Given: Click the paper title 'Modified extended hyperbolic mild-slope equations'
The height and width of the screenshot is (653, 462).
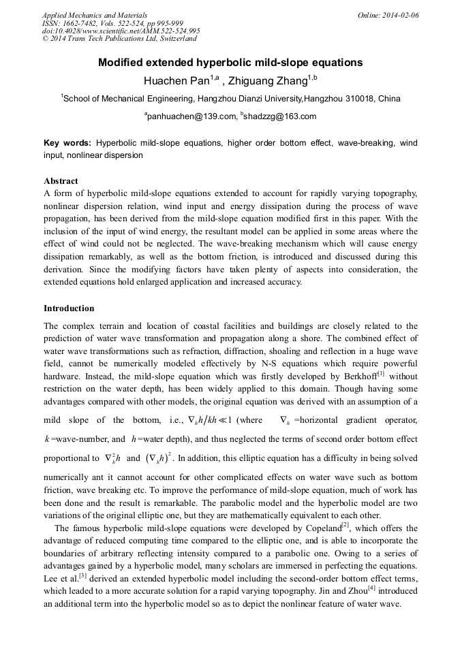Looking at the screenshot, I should coord(230,63).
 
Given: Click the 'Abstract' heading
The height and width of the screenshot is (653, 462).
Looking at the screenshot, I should coord(61,181).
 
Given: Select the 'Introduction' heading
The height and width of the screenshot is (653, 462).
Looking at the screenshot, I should coord(69,308).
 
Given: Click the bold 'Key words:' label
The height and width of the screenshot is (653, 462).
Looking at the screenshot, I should coord(67,143).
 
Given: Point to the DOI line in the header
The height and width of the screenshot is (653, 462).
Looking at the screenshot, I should coord(121,31).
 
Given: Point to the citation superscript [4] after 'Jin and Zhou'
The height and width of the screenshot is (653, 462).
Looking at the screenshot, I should coord(371,587).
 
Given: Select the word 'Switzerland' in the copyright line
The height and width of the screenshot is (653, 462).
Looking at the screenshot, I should coord(173,39).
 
